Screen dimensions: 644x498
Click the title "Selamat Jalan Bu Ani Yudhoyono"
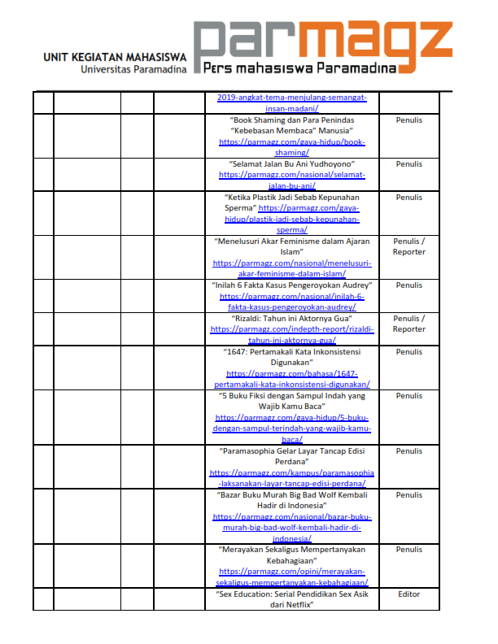[x=291, y=164]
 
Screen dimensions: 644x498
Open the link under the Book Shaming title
[x=291, y=147]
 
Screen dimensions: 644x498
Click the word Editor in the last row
[x=408, y=594]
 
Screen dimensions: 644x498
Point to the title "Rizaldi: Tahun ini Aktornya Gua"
[x=291, y=319]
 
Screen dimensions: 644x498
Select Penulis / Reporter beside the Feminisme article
[x=408, y=246]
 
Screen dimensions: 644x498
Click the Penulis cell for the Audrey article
[x=408, y=285]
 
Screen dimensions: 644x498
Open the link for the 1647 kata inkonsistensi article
[x=291, y=379]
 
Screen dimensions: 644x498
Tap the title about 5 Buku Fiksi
[x=291, y=401]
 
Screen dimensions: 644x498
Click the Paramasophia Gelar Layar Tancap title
[x=291, y=456]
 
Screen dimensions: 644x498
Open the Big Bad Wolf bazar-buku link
[x=291, y=522]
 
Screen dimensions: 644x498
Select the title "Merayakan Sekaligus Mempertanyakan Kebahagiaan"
[x=291, y=555]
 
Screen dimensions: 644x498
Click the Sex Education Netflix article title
[x=291, y=599]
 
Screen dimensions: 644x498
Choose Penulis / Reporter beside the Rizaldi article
[x=408, y=324]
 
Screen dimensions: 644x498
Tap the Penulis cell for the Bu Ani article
[x=408, y=164]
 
